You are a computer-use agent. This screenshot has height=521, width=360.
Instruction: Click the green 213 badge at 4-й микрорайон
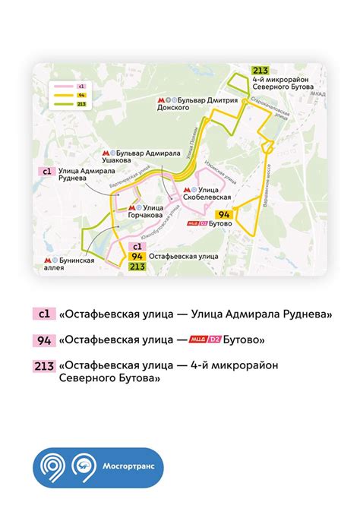click(x=261, y=73)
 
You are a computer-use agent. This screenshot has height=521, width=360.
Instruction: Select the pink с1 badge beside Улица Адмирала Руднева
click(x=46, y=172)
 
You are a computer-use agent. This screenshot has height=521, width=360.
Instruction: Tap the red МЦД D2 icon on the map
click(x=195, y=223)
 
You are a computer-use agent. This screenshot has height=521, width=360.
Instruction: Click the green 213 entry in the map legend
click(x=81, y=104)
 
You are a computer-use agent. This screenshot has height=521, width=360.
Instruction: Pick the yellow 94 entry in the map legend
click(x=81, y=95)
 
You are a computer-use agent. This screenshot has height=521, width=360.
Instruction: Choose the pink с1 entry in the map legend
click(x=81, y=87)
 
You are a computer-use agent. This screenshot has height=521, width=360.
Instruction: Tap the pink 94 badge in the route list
click(x=44, y=339)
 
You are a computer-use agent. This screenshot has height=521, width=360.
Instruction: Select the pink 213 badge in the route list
click(x=44, y=365)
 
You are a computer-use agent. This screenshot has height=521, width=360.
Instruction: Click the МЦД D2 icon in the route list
click(x=204, y=339)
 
